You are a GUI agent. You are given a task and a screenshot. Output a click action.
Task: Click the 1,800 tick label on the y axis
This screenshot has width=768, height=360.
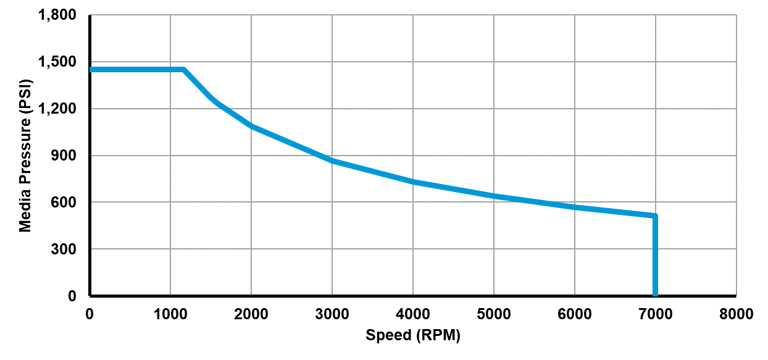point(57,15)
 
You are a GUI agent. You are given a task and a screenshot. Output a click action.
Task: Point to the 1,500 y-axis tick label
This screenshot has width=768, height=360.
point(57,62)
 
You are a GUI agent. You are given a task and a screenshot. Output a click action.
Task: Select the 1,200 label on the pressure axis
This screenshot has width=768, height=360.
point(57,109)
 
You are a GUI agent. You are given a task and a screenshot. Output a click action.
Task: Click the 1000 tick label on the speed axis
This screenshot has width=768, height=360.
point(170,314)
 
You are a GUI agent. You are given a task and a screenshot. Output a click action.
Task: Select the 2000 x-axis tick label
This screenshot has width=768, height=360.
point(251,314)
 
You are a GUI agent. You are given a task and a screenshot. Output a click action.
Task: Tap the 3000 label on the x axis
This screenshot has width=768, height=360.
point(332,314)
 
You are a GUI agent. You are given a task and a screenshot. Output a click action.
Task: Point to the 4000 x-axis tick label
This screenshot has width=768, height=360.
point(413,314)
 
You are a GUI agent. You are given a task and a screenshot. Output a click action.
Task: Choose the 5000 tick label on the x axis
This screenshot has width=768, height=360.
point(494,314)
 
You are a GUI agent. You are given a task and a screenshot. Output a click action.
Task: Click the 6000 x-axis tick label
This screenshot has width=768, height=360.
point(575,314)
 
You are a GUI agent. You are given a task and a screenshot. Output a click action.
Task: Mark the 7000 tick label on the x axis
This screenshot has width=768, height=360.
point(656,314)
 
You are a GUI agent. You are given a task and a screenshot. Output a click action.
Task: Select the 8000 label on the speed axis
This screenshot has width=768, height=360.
point(736,314)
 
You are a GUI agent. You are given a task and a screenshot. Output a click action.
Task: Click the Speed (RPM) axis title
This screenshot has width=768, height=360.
point(413,336)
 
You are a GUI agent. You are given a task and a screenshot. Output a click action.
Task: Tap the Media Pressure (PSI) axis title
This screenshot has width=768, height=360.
point(25,156)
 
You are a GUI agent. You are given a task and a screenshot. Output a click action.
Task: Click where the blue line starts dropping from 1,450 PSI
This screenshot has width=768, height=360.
point(184,70)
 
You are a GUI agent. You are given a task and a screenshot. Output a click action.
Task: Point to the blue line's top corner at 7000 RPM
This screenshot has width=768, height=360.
point(655,216)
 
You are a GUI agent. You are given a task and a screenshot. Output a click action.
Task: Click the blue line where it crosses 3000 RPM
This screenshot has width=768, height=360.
point(332,161)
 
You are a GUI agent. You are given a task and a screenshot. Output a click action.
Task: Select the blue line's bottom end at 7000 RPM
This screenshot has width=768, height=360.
point(655,295)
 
